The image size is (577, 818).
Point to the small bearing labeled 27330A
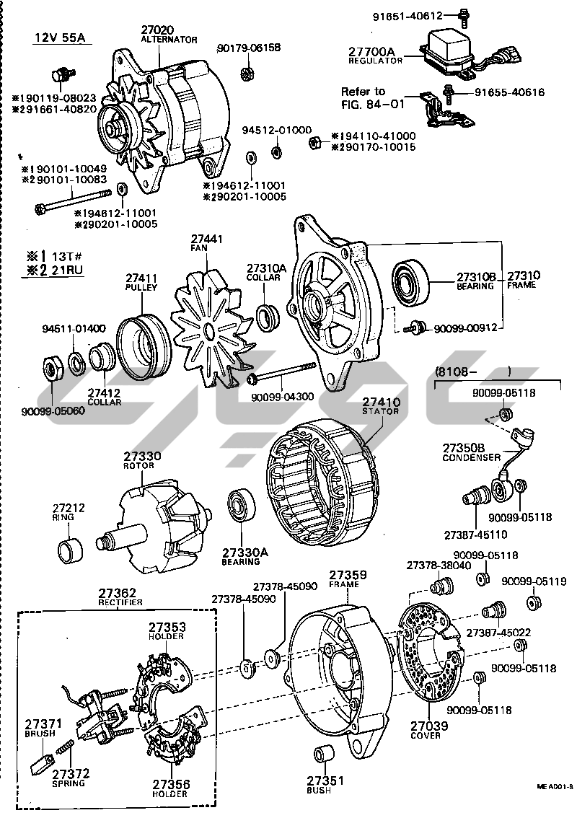(239, 509)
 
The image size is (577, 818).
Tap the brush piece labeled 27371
(43, 762)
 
